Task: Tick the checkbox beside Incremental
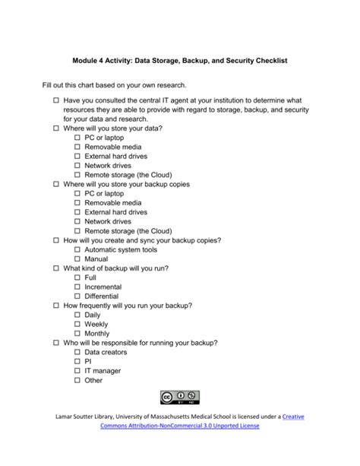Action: click(77, 287)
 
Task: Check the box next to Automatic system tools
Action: click(77, 249)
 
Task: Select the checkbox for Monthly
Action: click(77, 333)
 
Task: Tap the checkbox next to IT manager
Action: click(77, 370)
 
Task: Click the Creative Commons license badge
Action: click(179, 396)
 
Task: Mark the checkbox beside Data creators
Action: click(77, 352)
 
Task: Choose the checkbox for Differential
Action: click(77, 296)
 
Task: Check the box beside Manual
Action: click(77, 258)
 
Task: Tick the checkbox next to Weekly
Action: click(77, 324)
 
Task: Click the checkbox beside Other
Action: click(77, 380)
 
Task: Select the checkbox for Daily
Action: click(77, 315)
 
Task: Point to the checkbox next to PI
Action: click(77, 361)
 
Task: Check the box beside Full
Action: click(77, 277)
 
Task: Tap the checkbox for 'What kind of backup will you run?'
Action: click(56, 268)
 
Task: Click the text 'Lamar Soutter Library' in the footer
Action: click(89, 416)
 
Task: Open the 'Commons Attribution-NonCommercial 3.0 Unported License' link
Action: click(179, 426)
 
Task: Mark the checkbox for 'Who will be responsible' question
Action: click(56, 343)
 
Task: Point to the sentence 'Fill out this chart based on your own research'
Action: click(114, 85)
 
